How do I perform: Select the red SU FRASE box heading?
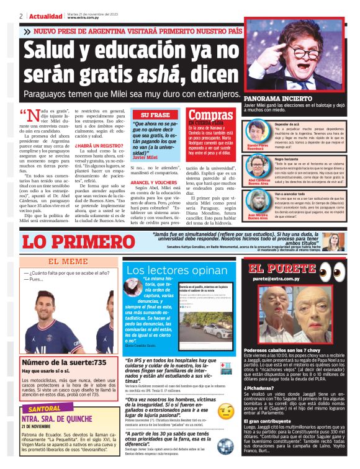[155, 115]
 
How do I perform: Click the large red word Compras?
[210, 115]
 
